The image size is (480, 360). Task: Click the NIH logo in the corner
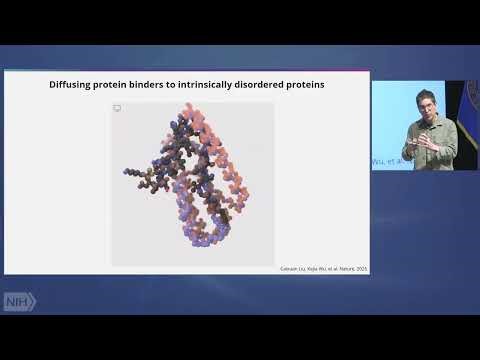(19, 301)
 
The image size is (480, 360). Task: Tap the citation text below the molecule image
(323, 268)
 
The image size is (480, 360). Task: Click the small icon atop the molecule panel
(117, 107)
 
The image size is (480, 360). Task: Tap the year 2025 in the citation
(360, 268)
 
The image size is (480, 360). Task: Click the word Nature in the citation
(344, 268)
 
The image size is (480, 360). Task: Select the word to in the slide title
(185, 85)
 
